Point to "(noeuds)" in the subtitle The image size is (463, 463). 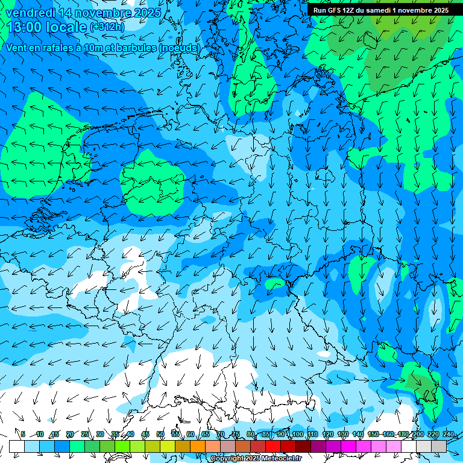coord(179,48)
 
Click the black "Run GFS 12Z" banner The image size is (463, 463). coord(380,10)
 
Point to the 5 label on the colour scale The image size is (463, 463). coord(23,434)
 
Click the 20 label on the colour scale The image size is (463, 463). coord(70,434)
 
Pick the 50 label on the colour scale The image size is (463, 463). coord(160,434)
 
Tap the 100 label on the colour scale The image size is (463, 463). coord(297,434)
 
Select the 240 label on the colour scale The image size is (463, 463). coord(449,434)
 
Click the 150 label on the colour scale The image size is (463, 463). coord(373,434)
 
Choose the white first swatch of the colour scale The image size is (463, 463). coord(16,446)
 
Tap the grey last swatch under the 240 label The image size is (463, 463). coord(439,446)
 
